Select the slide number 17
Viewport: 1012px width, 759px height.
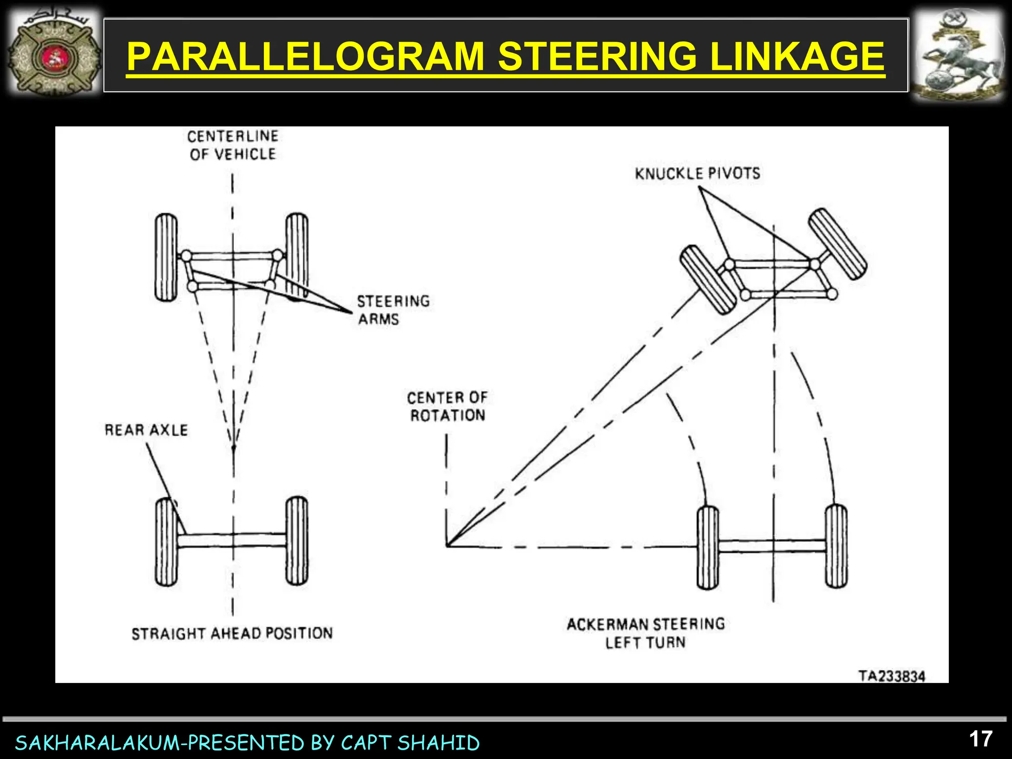980,739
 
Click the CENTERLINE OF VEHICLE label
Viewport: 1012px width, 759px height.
233,145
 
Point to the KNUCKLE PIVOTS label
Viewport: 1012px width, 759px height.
697,173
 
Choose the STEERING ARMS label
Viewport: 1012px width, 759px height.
393,310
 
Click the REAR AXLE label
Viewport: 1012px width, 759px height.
146,430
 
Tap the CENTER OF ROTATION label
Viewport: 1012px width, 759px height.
447,406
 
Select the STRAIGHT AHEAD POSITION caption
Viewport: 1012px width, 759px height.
232,633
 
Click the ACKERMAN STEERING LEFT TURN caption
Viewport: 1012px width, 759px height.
645,633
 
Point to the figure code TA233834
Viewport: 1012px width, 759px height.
891,676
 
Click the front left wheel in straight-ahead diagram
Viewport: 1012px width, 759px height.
166,257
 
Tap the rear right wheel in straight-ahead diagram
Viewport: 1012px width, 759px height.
296,541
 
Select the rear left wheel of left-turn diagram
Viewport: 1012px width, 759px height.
708,548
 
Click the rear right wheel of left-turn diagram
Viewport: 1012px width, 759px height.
836,546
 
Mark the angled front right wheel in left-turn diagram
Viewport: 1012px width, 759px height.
838,244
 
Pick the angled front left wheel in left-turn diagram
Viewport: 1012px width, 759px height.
709,280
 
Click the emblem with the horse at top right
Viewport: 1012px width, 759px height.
957,55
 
